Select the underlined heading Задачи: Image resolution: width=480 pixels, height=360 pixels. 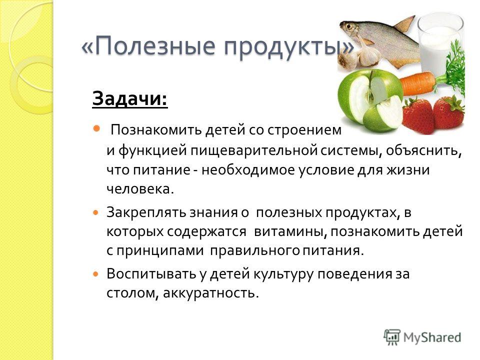[x=130, y=98]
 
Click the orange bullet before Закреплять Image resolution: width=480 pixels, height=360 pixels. [x=96, y=212]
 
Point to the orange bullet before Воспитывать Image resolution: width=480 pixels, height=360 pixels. [x=96, y=273]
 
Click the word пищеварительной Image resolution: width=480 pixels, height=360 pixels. [x=254, y=151]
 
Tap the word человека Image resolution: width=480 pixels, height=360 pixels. [x=140, y=189]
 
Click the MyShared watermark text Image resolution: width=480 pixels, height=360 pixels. [x=432, y=337]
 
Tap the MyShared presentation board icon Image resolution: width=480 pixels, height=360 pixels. [x=392, y=337]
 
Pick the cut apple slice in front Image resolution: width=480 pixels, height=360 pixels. [x=384, y=113]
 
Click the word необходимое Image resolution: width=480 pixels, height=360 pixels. [x=248, y=170]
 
